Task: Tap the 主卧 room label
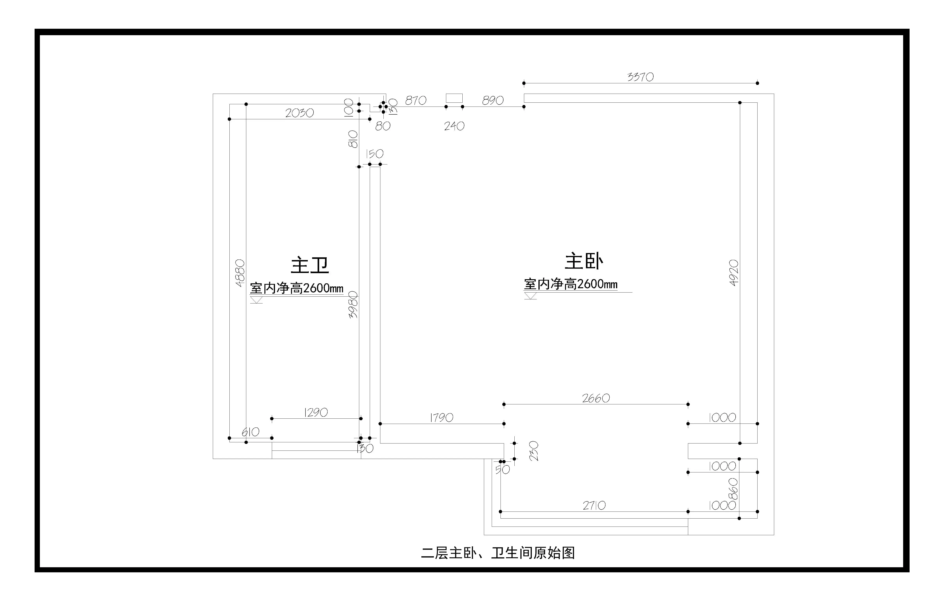tap(584, 262)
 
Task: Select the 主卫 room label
tap(310, 266)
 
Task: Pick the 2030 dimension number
tap(299, 113)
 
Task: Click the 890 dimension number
tap(493, 101)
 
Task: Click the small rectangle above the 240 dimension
tap(454, 98)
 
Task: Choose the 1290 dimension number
tap(316, 413)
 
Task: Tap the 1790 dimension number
tap(442, 418)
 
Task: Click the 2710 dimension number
tap(594, 506)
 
